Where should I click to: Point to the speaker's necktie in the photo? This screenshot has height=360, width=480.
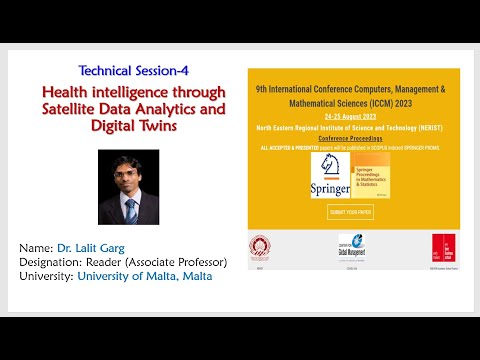[131, 208]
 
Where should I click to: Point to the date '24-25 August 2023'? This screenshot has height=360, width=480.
[353, 118]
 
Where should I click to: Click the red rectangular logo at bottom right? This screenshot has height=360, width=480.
[438, 248]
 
